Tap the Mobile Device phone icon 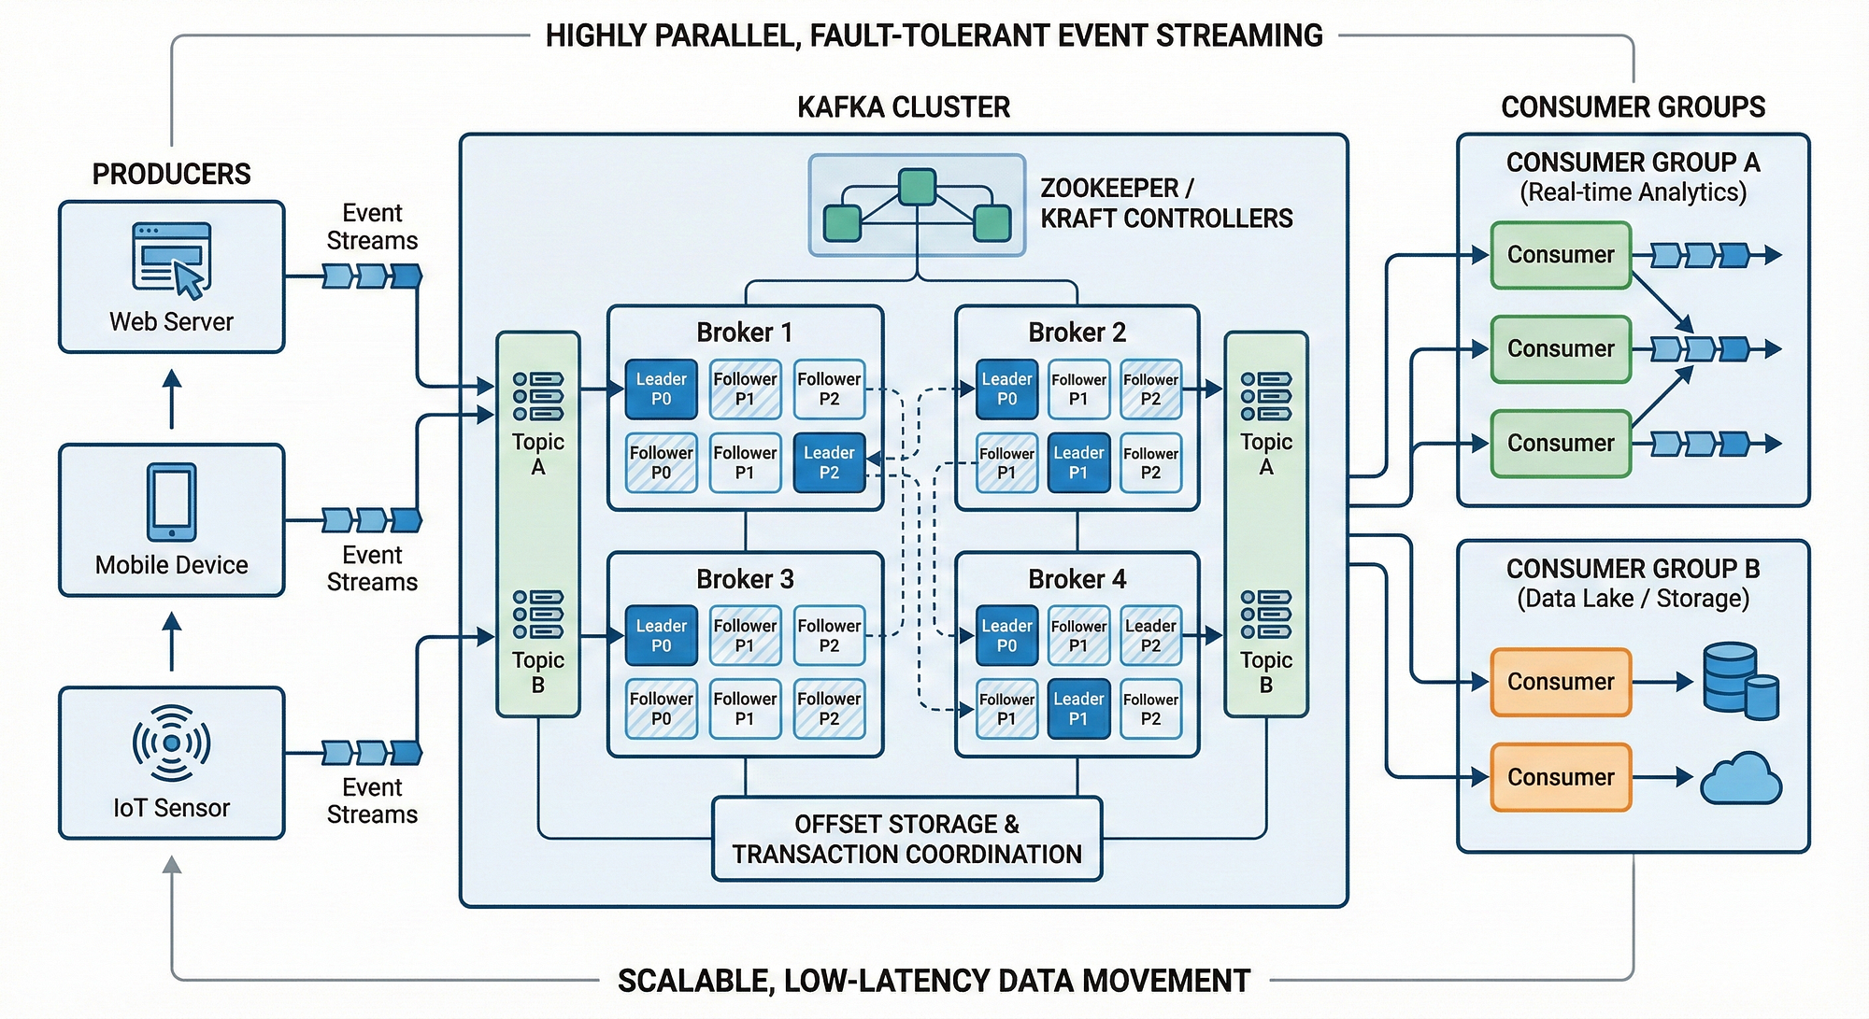click(172, 502)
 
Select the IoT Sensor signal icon click(171, 743)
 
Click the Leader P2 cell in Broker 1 click(829, 462)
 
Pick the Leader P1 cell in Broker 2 click(1078, 462)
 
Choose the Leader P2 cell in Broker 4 click(1150, 635)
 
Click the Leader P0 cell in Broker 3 click(661, 635)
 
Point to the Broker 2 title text click(1077, 333)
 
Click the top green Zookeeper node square click(917, 187)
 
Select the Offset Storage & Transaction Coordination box click(906, 839)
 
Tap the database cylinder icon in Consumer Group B click(1738, 680)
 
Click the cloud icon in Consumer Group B click(1740, 779)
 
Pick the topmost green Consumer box click(1561, 255)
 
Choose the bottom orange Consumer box click(1561, 777)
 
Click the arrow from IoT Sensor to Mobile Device click(172, 641)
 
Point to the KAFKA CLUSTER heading click(903, 107)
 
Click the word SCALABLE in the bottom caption click(692, 981)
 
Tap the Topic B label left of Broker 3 click(537, 672)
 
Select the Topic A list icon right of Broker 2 click(1266, 396)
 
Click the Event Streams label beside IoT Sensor click(372, 801)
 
